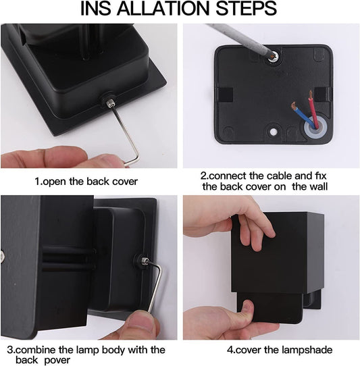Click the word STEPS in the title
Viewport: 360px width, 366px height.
click(246, 9)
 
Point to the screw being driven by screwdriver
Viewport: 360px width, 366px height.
click(272, 56)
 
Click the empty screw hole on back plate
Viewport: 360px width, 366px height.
click(273, 132)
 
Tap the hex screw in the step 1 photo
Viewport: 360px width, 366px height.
click(109, 102)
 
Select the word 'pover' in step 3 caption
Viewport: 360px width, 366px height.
click(57, 360)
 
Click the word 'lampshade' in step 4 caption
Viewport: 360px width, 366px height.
click(307, 350)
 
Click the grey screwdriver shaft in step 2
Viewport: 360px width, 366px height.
click(240, 38)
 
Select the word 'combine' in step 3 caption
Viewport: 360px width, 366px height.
click(35, 350)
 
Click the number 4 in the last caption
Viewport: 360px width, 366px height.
click(230, 350)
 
